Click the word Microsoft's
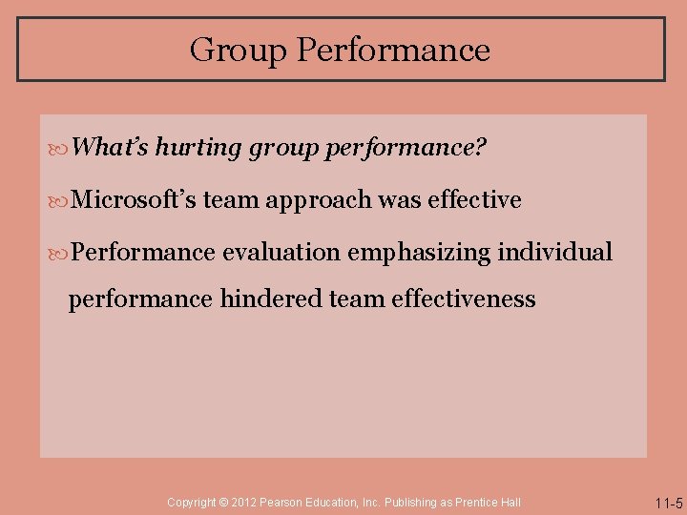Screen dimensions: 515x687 tap(134, 200)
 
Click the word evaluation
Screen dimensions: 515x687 tap(281, 252)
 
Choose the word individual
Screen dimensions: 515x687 tap(554, 252)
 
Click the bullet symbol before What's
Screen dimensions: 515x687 tap(62, 149)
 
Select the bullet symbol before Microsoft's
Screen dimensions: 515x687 tap(62, 201)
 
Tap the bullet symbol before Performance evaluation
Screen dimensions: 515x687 tap(62, 253)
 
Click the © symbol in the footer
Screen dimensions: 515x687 tap(224, 502)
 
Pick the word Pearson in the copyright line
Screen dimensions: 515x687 tap(285, 502)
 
